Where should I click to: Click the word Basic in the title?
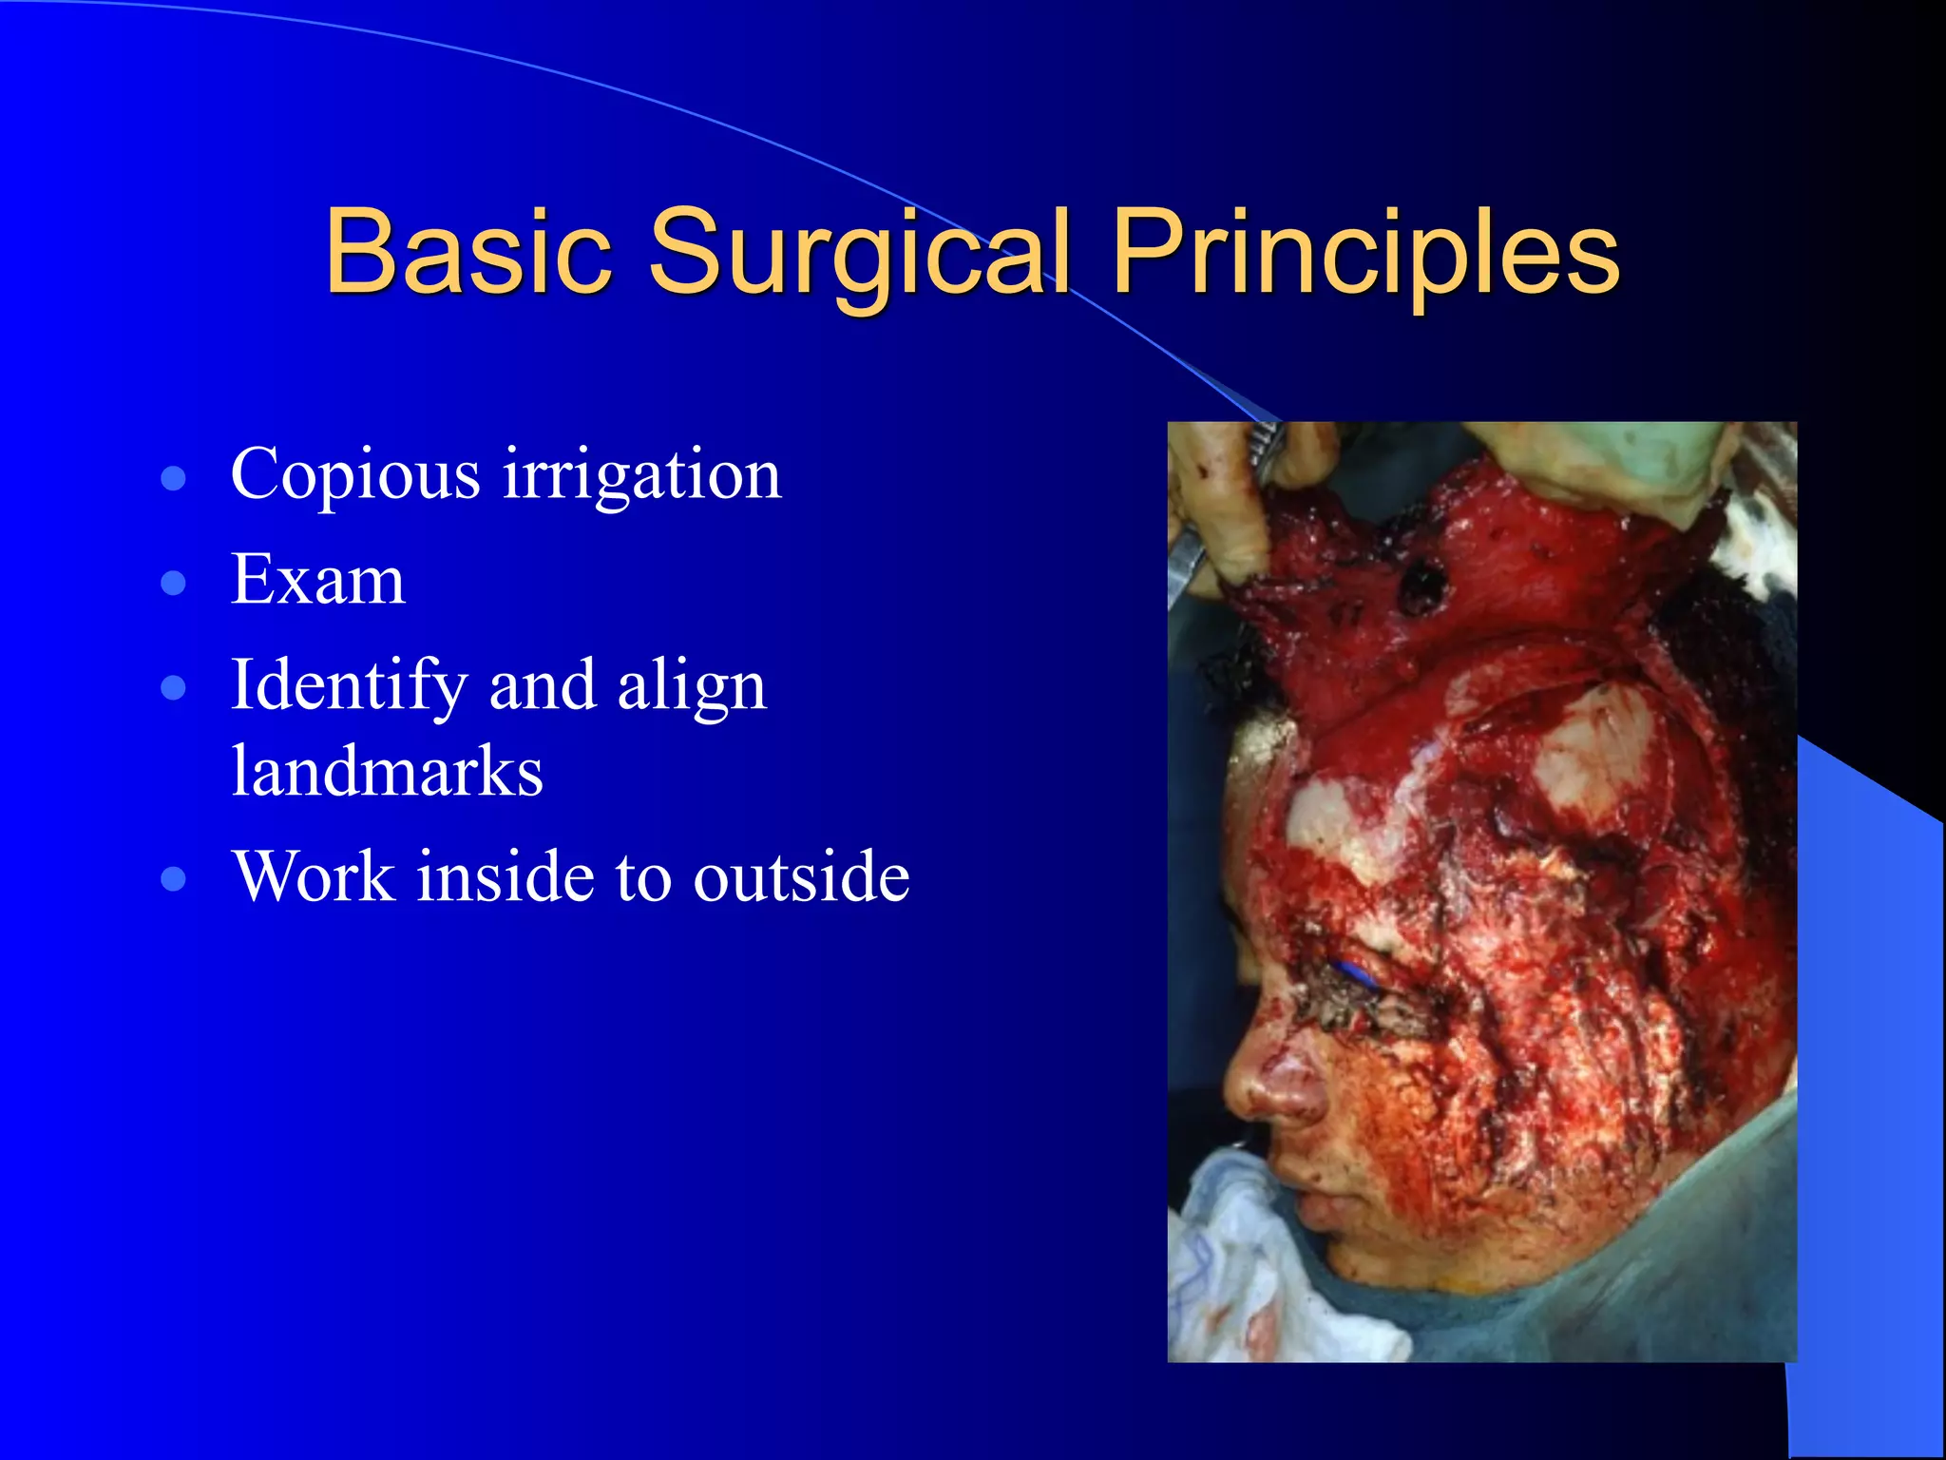[467, 253]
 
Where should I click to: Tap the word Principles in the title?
[1365, 253]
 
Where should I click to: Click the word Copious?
[355, 473]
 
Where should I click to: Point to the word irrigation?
[641, 473]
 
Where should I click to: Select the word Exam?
[318, 579]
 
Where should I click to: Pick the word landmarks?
[387, 770]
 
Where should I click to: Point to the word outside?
[801, 875]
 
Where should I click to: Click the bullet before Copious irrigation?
[173, 477]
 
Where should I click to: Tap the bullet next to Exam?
[173, 583]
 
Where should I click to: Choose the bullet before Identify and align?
[173, 687]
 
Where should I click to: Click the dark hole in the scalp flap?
[1420, 583]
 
